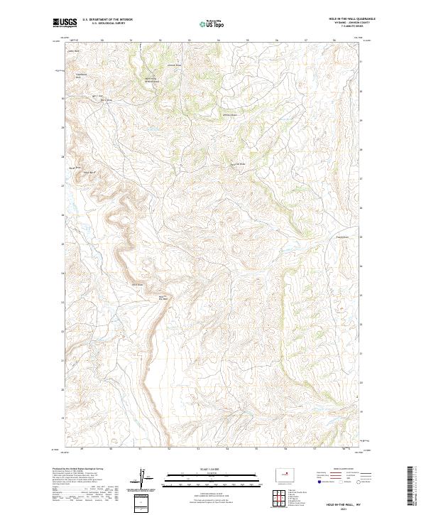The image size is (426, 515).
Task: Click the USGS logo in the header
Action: pos(65,23)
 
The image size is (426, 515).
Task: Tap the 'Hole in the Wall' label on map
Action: pos(161,297)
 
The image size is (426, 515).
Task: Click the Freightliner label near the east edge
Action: pos(343,237)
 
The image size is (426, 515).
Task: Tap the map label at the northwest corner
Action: pos(72,51)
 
